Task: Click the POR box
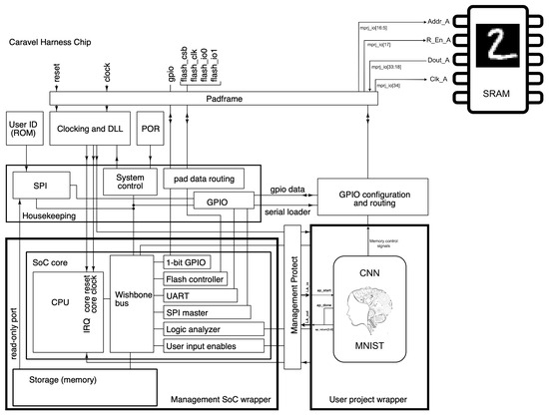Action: tap(151, 127)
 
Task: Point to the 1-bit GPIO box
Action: tap(187, 262)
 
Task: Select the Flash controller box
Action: tap(196, 278)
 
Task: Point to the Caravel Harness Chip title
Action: tap(57, 42)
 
